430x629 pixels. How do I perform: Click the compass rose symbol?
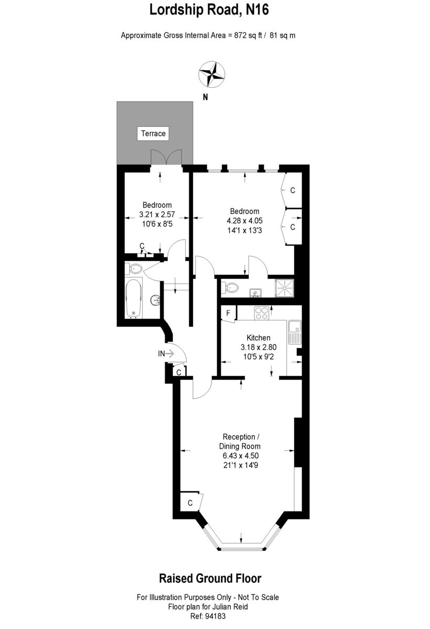click(211, 74)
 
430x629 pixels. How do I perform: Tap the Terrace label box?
click(153, 133)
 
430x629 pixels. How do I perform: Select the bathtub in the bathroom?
click(134, 298)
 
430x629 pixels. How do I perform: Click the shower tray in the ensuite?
click(285, 288)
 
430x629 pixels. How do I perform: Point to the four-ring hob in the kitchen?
click(262, 313)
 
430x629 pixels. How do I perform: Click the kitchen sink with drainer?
click(294, 332)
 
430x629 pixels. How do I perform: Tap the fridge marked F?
click(228, 313)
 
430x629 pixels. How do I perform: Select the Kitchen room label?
click(259, 338)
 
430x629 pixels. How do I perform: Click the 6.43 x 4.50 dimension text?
click(241, 456)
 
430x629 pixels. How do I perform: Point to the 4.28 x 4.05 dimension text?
click(245, 221)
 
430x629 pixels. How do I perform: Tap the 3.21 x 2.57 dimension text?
click(157, 214)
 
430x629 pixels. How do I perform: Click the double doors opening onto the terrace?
click(166, 157)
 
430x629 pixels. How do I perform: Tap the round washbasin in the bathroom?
click(155, 300)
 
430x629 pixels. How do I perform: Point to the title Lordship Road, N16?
click(209, 9)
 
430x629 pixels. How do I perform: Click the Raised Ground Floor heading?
click(210, 578)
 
